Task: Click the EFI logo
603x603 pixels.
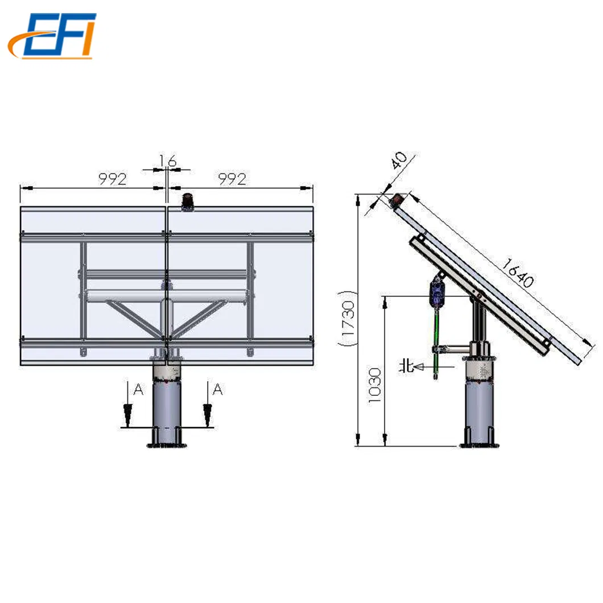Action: click(x=52, y=35)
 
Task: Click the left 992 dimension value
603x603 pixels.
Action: click(x=112, y=179)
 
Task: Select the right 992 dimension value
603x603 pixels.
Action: click(x=232, y=179)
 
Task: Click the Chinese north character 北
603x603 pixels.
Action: click(x=406, y=366)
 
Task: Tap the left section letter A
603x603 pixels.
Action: click(x=137, y=390)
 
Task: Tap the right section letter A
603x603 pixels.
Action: click(x=217, y=390)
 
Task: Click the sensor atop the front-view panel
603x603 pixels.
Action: click(x=187, y=201)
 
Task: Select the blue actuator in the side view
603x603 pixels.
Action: click(x=436, y=292)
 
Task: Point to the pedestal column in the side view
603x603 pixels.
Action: click(x=480, y=410)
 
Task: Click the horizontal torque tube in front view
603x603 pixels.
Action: click(x=166, y=295)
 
